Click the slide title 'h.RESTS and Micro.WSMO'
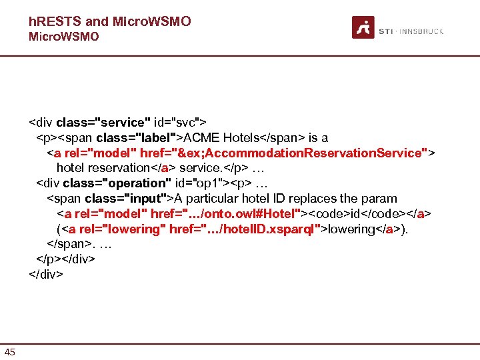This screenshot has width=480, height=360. point(110,21)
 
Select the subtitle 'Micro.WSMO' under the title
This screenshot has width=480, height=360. point(63,37)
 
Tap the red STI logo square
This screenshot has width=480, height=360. point(363,27)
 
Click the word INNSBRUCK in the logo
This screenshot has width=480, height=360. point(422,31)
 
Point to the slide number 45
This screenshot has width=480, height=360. point(10,351)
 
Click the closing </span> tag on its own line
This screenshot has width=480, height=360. point(69,243)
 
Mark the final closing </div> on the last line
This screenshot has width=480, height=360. point(46,273)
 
